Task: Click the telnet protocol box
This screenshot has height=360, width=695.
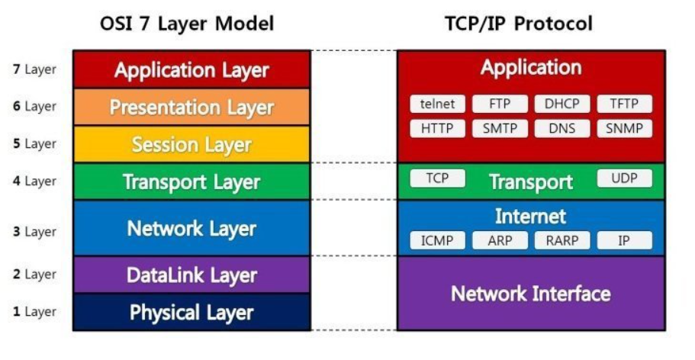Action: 437,104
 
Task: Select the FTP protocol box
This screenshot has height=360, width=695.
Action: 500,104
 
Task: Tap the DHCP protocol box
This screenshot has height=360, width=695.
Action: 562,104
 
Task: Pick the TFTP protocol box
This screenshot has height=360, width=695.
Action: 624,104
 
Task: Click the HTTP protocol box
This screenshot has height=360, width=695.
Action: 437,129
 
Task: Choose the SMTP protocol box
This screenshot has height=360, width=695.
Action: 500,129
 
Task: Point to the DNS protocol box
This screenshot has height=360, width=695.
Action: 562,129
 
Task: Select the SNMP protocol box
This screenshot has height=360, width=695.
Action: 624,129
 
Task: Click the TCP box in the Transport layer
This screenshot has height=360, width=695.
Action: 437,178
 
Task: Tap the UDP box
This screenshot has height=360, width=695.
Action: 624,178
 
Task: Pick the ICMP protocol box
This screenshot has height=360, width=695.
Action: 437,241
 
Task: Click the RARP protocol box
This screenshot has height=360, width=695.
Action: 562,241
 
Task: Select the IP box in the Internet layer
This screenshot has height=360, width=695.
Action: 624,241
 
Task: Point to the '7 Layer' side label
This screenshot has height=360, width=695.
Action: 34,69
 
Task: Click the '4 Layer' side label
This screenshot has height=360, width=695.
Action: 34,182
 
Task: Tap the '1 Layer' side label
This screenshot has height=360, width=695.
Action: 34,312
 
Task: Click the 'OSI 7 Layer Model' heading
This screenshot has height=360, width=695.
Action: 187,24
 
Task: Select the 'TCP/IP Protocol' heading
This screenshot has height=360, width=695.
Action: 519,24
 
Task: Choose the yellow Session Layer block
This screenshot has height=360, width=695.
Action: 191,144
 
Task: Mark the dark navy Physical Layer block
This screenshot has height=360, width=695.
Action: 191,312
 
